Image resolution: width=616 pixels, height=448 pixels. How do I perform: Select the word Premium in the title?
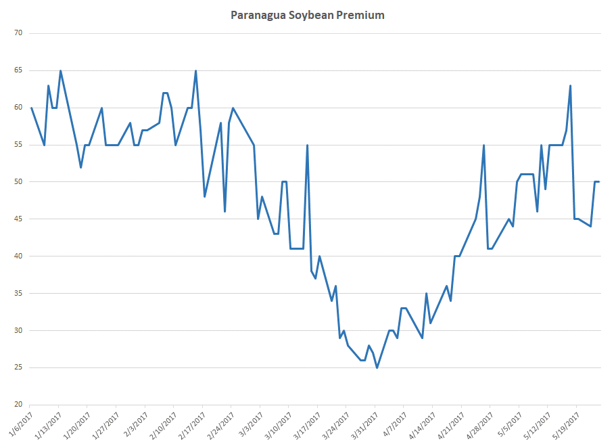point(361,15)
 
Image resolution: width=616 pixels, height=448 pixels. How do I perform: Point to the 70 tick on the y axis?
point(18,33)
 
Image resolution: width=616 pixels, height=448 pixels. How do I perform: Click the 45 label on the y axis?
point(18,219)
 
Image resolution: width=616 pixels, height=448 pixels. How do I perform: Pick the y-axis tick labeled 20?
point(18,405)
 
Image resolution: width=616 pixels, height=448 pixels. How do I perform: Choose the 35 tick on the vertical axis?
point(18,294)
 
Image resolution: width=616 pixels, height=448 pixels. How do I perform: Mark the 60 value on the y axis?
point(18,108)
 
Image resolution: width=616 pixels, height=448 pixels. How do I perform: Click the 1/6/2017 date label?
point(20,424)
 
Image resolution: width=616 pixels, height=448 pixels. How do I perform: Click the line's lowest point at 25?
point(377,367)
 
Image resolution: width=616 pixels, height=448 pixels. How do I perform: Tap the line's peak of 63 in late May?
point(571,86)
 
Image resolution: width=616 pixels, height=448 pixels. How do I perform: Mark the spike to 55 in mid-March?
point(307,145)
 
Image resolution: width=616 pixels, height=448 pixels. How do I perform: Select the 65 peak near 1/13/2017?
point(60,71)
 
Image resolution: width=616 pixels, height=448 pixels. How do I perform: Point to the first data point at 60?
point(31,108)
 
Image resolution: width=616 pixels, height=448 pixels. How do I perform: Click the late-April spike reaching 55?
point(483,145)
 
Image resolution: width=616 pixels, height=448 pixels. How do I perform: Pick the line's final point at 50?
point(599,182)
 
